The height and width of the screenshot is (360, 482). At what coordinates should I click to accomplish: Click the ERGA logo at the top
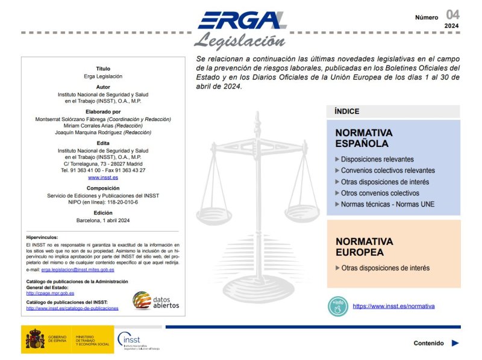pyautogui.click(x=242, y=20)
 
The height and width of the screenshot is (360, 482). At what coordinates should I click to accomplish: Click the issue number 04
pyautogui.click(x=452, y=14)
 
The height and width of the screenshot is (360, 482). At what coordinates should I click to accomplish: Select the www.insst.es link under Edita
pyautogui.click(x=103, y=178)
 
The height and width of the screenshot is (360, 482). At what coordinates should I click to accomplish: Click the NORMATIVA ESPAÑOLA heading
pyautogui.click(x=364, y=138)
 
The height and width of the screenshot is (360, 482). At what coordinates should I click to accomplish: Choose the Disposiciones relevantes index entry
pyautogui.click(x=377, y=160)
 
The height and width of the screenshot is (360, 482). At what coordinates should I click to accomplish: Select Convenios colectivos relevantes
pyautogui.click(x=387, y=170)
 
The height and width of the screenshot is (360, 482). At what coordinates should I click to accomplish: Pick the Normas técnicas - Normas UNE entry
pyautogui.click(x=387, y=204)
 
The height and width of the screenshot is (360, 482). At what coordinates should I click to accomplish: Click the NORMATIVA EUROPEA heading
pyautogui.click(x=364, y=246)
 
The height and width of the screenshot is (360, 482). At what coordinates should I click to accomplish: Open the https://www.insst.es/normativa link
pyautogui.click(x=393, y=306)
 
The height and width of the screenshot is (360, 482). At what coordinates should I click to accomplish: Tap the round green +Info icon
pyautogui.click(x=337, y=306)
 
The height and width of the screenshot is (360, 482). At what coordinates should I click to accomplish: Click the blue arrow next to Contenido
pyautogui.click(x=455, y=343)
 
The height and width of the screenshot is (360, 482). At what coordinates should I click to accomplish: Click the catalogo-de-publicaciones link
pyautogui.click(x=72, y=308)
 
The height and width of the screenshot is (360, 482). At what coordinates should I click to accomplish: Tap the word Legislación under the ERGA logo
pyautogui.click(x=239, y=41)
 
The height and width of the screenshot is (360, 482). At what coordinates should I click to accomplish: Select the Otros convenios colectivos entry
pyautogui.click(x=380, y=193)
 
